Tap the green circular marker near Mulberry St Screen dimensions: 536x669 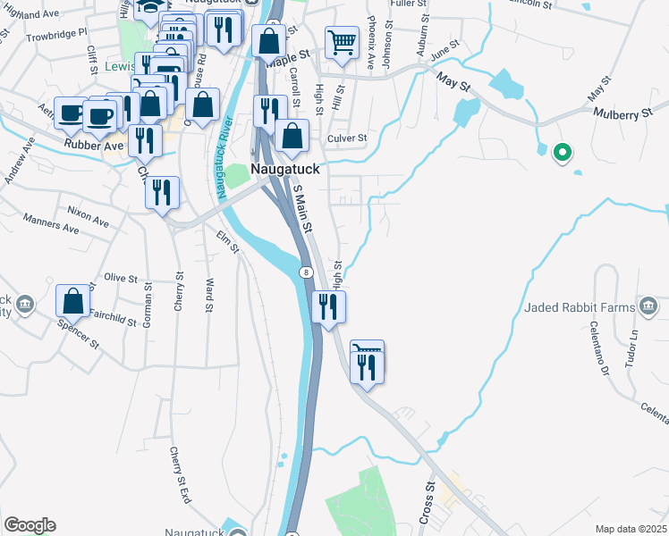coord(562,154)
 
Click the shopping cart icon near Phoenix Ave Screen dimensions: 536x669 coord(342,41)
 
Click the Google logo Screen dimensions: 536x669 coord(30,525)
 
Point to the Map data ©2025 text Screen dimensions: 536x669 coord(631,528)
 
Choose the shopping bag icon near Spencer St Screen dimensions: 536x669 coord(72,301)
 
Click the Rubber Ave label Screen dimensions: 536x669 coord(93,145)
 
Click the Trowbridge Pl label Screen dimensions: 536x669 coord(55,34)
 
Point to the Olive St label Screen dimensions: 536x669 coord(121,278)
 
